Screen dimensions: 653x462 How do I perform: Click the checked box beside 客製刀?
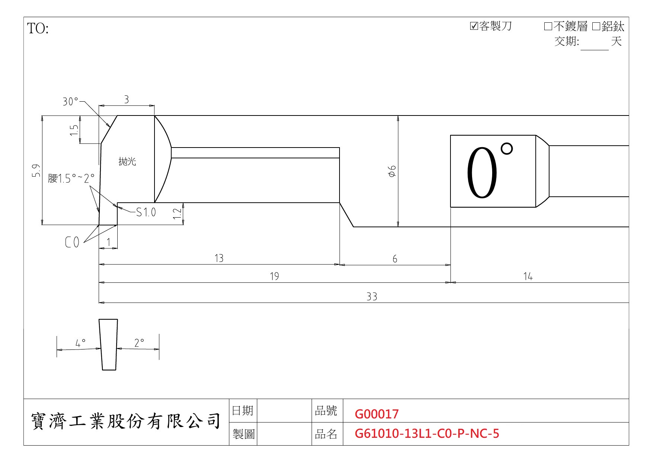(474, 26)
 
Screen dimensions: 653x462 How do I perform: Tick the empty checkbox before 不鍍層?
(548, 26)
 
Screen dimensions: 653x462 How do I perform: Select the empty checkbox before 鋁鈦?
(596, 26)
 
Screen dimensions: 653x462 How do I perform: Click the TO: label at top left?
(38, 29)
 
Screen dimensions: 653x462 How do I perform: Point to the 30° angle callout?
(70, 101)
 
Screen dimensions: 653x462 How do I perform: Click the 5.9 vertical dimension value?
(36, 171)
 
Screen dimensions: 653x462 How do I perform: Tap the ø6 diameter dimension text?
(392, 171)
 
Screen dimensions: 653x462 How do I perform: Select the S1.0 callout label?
(146, 212)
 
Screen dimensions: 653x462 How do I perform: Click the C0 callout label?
(72, 243)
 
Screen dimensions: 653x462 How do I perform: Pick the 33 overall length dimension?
(372, 297)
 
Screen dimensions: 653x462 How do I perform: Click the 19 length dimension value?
(274, 276)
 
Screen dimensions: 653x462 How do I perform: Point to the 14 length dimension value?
(528, 276)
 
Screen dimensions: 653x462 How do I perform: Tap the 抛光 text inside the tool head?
(127, 161)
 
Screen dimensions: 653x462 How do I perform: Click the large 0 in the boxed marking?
(482, 173)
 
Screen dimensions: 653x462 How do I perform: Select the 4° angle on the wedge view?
(80, 342)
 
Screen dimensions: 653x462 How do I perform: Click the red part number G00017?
(377, 414)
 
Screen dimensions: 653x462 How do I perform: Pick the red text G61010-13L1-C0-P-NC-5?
(427, 434)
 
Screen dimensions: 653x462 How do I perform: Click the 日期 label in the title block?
(242, 411)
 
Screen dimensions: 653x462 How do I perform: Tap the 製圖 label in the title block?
(243, 434)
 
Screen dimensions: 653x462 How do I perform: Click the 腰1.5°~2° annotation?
(71, 178)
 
